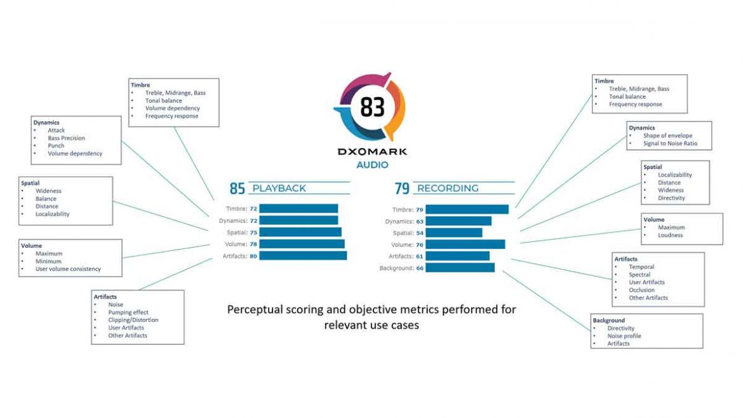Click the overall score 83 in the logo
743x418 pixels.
tap(372, 107)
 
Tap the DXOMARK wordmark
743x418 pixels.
tap(371, 152)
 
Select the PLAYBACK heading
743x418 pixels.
tap(279, 188)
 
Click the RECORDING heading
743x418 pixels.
tap(447, 188)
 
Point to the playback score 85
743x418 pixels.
tap(238, 189)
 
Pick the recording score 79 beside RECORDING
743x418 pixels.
tap(402, 189)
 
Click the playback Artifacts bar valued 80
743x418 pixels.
tap(303, 255)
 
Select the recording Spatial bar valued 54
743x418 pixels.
tap(454, 233)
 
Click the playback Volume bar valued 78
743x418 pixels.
tap(302, 244)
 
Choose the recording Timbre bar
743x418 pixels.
tap(467, 209)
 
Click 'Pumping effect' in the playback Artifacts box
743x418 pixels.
tap(128, 313)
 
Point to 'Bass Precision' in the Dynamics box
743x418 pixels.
tap(66, 138)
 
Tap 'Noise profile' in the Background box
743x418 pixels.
tap(624, 335)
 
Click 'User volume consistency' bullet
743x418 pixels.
tap(68, 269)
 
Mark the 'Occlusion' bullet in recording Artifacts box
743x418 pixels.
tap(641, 290)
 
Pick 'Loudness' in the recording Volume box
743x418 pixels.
tap(670, 235)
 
